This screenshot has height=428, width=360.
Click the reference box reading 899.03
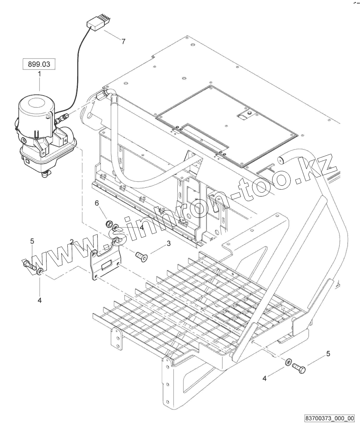click(39, 65)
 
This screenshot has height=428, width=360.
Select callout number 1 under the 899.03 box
click(39, 75)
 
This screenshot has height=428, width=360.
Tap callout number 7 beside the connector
click(123, 42)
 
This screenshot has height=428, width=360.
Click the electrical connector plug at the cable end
click(95, 25)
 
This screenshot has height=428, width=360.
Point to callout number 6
click(97, 203)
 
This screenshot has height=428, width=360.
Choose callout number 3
click(169, 244)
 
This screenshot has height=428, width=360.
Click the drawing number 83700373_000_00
click(329, 419)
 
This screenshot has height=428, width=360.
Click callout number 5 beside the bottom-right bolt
click(328, 354)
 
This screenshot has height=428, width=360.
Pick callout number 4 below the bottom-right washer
click(265, 378)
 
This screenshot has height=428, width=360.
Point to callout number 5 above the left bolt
click(32, 241)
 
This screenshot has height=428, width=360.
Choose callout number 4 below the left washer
click(39, 300)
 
